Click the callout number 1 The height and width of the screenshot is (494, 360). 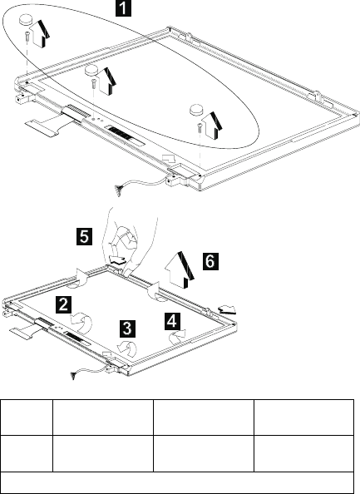[x=123, y=8]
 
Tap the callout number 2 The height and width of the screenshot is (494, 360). [x=63, y=304]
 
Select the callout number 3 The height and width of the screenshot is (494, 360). [x=127, y=329]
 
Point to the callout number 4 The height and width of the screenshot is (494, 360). [x=172, y=321]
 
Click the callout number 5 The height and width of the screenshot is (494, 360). [x=85, y=236]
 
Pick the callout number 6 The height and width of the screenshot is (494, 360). [x=210, y=261]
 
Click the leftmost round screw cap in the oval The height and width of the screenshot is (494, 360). [x=27, y=20]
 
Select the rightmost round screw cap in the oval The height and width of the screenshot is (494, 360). [x=197, y=109]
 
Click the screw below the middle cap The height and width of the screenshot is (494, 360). [x=93, y=83]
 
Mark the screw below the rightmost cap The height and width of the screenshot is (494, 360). [x=199, y=127]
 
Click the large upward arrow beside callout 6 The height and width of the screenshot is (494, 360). [x=180, y=270]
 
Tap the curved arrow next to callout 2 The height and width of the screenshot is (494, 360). [x=82, y=323]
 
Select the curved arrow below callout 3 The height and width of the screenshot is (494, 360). [x=128, y=348]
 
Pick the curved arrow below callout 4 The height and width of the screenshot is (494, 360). [x=177, y=337]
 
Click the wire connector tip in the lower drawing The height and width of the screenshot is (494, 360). [x=74, y=376]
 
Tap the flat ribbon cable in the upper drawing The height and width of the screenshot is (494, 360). [x=50, y=125]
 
